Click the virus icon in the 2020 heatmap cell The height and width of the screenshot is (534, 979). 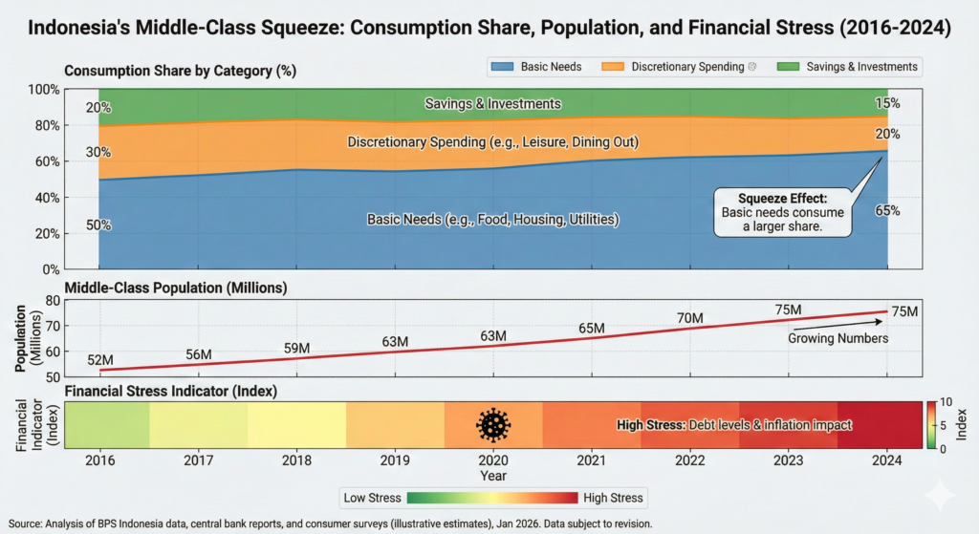pyautogui.click(x=493, y=424)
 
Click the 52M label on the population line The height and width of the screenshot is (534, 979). pyautogui.click(x=99, y=359)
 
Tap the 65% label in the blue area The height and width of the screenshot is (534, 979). pyautogui.click(x=886, y=210)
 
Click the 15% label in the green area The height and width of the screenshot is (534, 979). pyautogui.click(x=886, y=103)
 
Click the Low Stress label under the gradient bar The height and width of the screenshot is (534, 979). pyautogui.click(x=371, y=498)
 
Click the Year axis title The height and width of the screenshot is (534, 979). pyautogui.click(x=493, y=475)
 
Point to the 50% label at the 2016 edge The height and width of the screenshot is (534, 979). pyautogui.click(x=99, y=225)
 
